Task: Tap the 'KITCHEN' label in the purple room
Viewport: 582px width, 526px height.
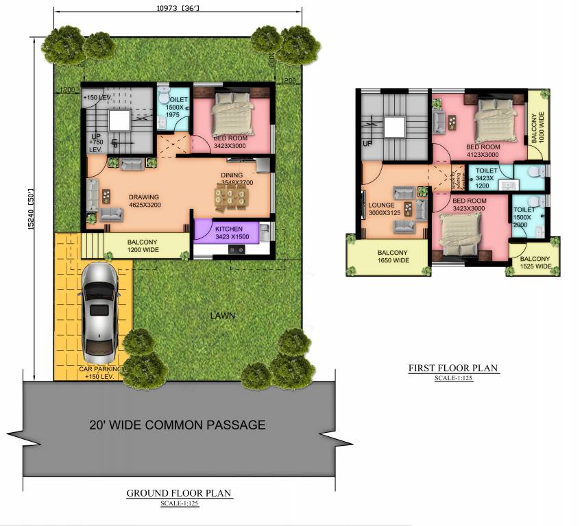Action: tap(228, 229)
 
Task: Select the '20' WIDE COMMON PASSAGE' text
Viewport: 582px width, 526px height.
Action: tap(177, 425)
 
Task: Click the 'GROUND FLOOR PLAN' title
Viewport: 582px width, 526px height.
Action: tap(180, 493)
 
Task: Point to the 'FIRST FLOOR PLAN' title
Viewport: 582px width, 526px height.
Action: tap(453, 368)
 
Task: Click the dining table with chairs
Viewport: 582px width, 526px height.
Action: tap(231, 199)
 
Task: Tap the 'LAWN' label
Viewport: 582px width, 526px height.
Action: tap(223, 316)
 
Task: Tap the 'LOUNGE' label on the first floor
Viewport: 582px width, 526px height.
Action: tap(381, 204)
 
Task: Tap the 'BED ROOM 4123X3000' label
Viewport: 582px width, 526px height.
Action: tap(483, 151)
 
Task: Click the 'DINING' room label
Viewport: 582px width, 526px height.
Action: tap(232, 175)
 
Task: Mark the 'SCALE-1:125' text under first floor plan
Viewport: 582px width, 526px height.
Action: tap(453, 378)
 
